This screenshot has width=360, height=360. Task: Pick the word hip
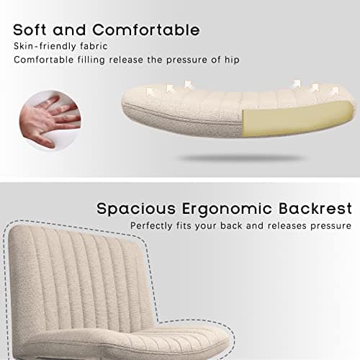pos(230,60)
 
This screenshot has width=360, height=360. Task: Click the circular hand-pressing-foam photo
pos(47,119)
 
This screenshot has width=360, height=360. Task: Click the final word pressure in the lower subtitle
pos(332,226)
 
